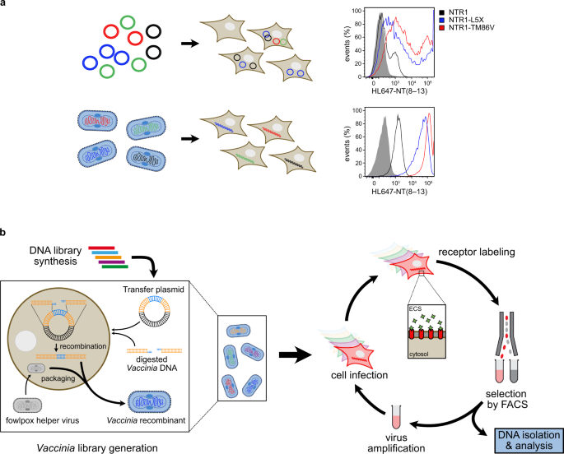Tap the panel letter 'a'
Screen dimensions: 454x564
point(6,5)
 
